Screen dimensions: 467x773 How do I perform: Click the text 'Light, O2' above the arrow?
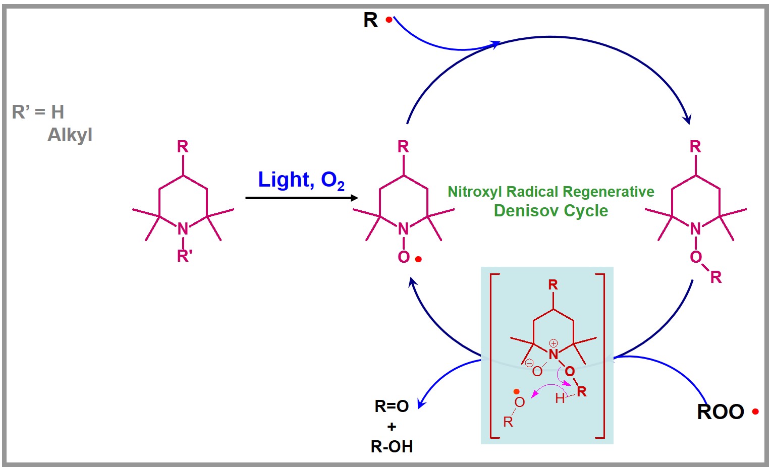coord(301,180)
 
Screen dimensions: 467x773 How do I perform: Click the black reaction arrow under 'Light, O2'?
coord(301,198)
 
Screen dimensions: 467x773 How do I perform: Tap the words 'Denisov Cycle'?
coord(550,211)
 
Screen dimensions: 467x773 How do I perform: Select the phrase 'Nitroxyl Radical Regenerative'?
coord(550,192)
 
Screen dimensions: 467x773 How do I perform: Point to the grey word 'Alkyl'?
coord(70,135)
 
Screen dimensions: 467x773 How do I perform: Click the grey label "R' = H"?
coord(38,112)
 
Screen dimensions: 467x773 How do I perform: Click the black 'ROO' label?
coord(720,412)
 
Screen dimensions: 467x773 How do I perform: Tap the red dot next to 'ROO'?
coord(755,412)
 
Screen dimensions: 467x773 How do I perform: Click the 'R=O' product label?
coord(392,406)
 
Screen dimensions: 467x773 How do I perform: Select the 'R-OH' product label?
coord(392,446)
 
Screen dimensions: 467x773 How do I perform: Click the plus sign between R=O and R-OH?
coord(392,427)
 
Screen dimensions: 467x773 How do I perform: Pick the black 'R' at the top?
coord(370,20)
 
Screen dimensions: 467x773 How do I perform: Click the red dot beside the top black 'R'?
coord(389,20)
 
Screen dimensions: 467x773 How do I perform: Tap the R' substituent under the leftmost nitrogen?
coord(184,256)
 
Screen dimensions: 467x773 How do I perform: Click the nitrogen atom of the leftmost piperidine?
coord(183,229)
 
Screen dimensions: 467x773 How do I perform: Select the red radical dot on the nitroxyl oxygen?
coord(418,259)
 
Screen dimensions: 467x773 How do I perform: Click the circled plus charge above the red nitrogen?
coord(554,343)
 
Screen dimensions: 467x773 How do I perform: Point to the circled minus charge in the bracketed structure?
coord(529,363)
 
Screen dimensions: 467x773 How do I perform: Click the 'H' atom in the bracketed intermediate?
coord(560,399)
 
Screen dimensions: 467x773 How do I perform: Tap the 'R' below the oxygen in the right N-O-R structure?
coord(715,277)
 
